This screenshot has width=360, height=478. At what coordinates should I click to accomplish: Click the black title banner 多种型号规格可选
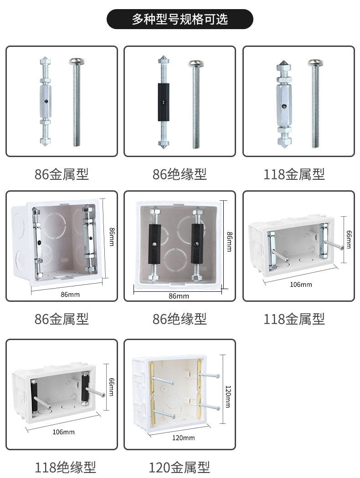180,19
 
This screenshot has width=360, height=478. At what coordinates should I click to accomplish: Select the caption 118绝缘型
65,468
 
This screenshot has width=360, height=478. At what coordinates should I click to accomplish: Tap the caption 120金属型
179,468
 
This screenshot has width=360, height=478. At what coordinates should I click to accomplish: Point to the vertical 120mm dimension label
228,397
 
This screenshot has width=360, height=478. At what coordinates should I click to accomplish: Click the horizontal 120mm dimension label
183,438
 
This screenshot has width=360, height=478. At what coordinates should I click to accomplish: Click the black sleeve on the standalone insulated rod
164,102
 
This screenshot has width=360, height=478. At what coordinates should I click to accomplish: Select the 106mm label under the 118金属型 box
301,285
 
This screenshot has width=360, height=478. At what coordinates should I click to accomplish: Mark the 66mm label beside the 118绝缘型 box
112,387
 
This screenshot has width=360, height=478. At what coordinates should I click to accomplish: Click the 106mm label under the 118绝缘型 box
63,432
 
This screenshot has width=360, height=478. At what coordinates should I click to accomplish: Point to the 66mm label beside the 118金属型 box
349,239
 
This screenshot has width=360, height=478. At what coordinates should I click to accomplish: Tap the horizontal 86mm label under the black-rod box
179,296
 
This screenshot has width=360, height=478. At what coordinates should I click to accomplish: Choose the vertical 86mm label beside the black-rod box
229,242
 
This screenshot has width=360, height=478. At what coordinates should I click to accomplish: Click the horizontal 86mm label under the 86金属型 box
70,295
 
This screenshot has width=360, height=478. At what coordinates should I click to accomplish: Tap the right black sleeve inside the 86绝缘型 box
197,244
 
